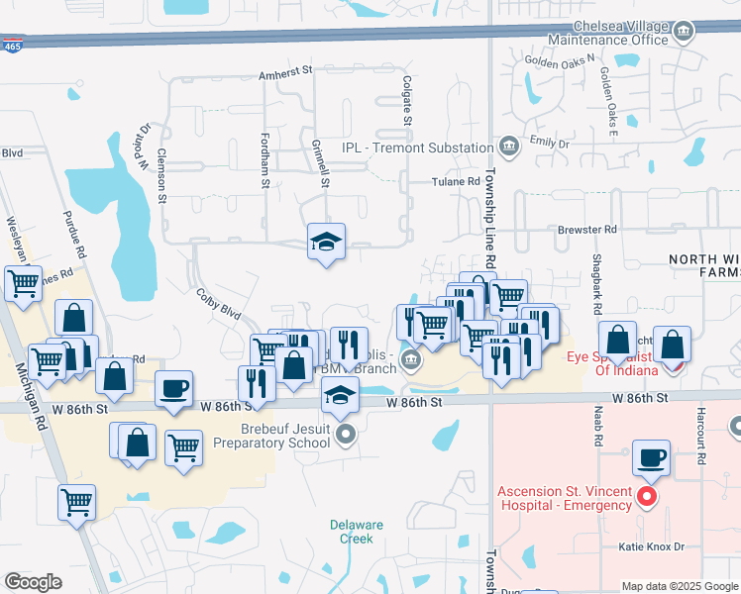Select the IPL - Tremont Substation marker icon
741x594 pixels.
(x=509, y=147)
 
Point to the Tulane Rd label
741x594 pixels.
(x=455, y=182)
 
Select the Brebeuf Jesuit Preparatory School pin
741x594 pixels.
(x=345, y=434)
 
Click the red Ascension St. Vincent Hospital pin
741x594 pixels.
(x=648, y=496)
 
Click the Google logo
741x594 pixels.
(x=33, y=582)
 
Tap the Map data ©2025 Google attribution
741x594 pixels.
(x=679, y=586)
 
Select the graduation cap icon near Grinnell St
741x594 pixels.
(x=325, y=241)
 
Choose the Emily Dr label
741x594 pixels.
(x=550, y=144)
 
